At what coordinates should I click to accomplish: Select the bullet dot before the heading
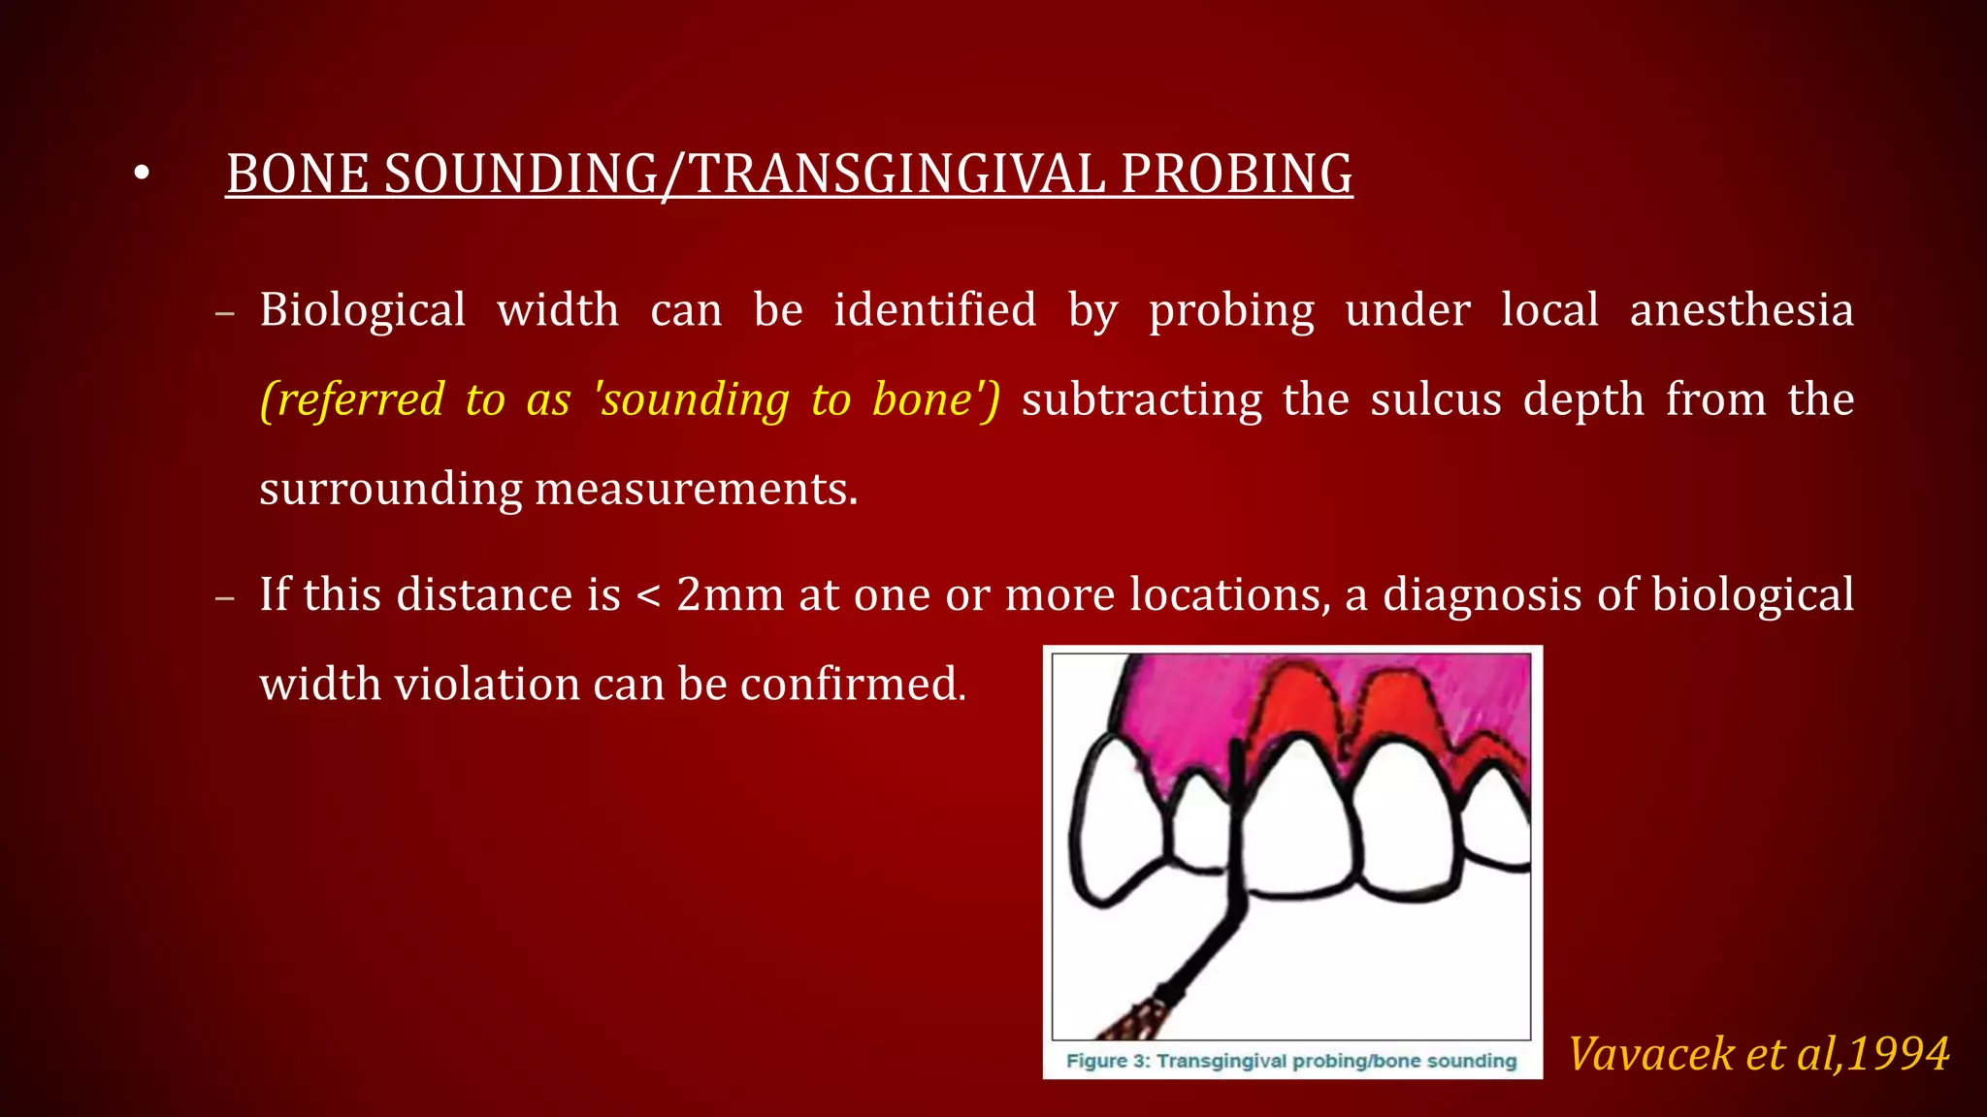(x=142, y=175)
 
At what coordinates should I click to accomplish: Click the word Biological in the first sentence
(x=363, y=310)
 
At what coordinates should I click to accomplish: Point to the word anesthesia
(x=1742, y=310)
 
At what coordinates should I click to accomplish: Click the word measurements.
(x=695, y=489)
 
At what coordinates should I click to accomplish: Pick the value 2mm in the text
(x=730, y=594)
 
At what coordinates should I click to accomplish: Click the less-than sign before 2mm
(x=648, y=596)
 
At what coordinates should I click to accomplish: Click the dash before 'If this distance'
(x=225, y=598)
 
